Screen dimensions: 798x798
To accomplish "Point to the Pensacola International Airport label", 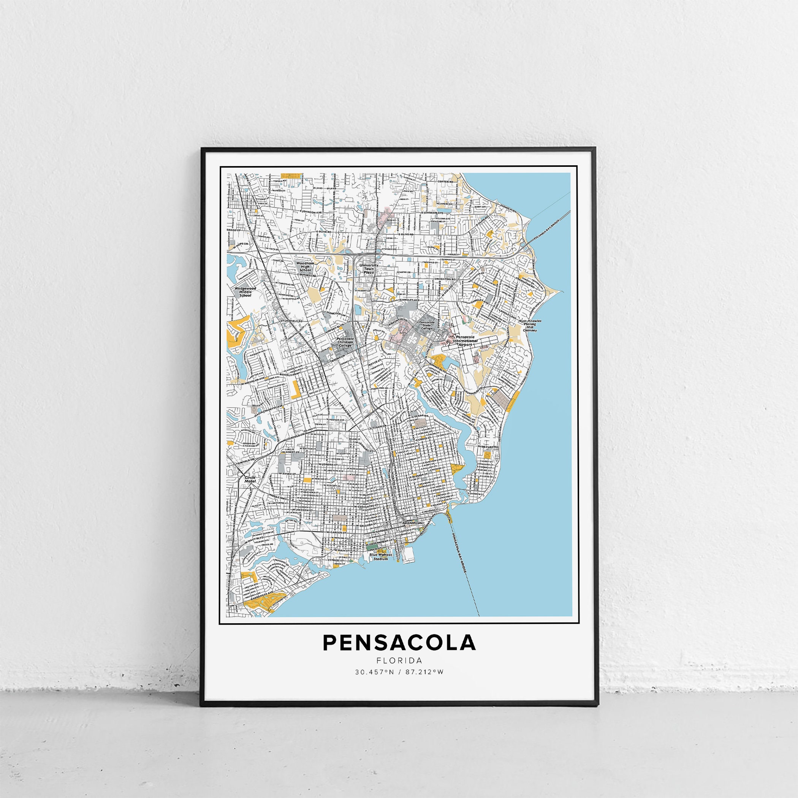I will [x=465, y=341].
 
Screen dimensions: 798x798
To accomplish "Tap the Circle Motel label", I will [x=250, y=480].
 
